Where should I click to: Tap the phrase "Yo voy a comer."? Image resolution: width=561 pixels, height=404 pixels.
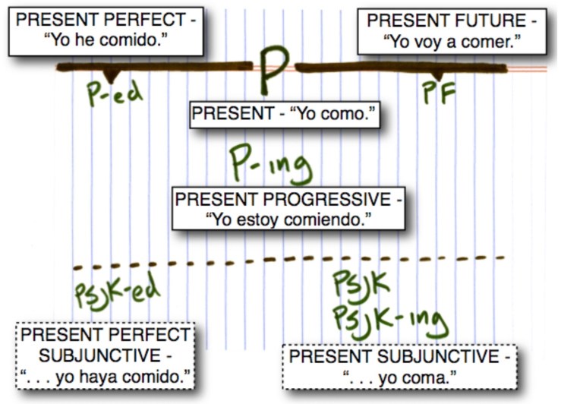pyautogui.click(x=451, y=41)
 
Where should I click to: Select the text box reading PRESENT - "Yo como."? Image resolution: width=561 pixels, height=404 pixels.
pyautogui.click(x=284, y=115)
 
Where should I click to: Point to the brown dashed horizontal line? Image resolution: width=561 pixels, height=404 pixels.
pyautogui.click(x=288, y=262)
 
